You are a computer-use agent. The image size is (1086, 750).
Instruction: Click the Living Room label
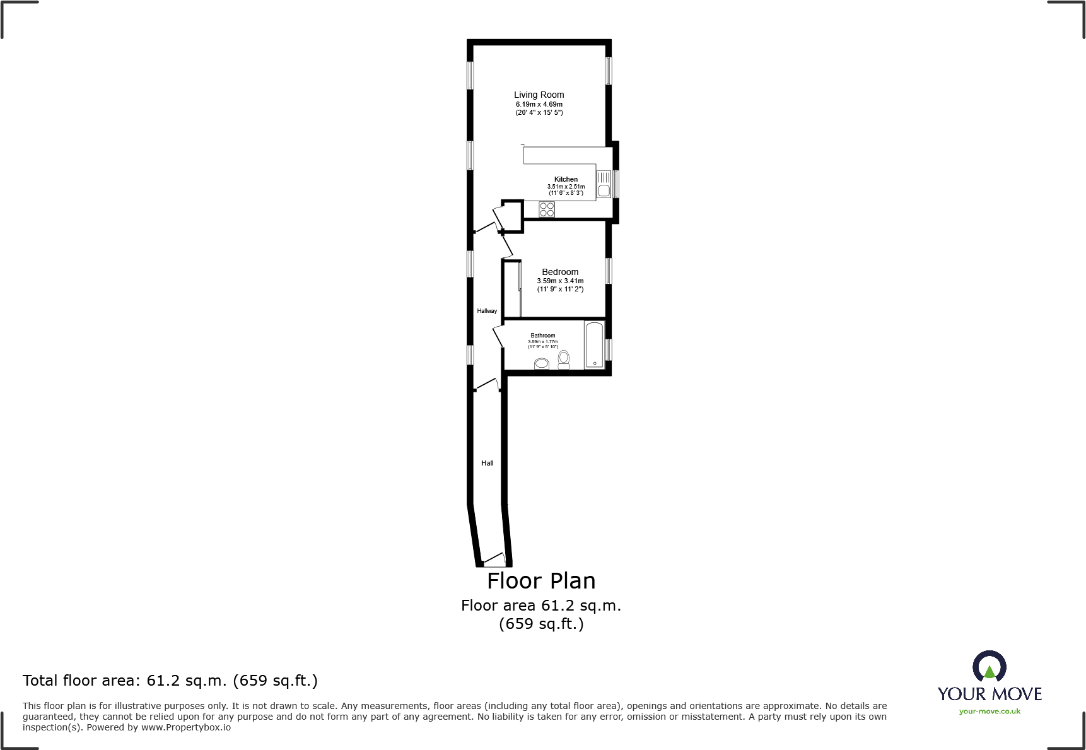click(x=539, y=95)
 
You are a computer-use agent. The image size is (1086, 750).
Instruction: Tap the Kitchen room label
click(x=566, y=179)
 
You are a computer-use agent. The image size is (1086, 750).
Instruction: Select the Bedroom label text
click(x=560, y=272)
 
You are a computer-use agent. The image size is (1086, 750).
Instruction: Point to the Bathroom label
click(x=542, y=336)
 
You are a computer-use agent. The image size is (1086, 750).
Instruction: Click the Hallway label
click(x=487, y=311)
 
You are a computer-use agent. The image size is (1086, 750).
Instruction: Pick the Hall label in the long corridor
click(x=488, y=463)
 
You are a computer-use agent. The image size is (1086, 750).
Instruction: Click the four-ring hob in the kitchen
click(x=547, y=209)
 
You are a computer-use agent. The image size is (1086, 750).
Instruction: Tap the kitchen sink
click(x=604, y=184)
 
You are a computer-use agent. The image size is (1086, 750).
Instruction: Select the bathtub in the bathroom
click(x=595, y=344)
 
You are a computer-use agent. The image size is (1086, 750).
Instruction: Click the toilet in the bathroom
click(x=564, y=360)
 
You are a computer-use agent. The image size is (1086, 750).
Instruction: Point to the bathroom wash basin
click(x=542, y=364)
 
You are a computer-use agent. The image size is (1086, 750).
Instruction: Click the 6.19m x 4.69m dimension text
click(x=539, y=104)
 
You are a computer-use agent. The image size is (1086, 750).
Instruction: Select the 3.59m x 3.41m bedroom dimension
click(x=560, y=281)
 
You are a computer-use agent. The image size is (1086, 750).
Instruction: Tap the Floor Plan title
click(x=541, y=580)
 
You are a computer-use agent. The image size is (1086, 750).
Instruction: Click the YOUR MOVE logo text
click(x=990, y=694)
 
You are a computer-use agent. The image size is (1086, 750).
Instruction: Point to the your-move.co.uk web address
click(x=990, y=712)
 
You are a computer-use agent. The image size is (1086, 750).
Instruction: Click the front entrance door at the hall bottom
click(x=494, y=560)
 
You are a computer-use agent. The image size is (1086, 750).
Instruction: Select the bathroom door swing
click(x=498, y=336)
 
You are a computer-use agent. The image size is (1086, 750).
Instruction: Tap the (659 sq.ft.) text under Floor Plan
click(x=541, y=624)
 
